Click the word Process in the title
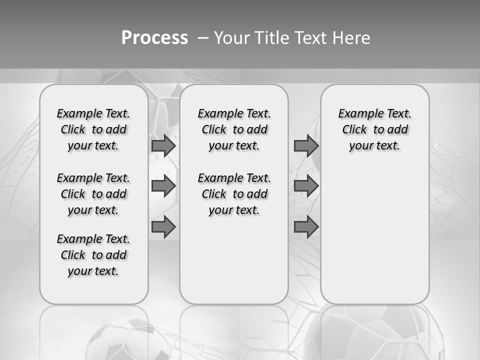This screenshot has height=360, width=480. [154, 38]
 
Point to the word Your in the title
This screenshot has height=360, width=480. [232, 38]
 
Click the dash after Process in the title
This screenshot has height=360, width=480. [202, 38]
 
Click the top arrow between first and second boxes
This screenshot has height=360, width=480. [163, 145]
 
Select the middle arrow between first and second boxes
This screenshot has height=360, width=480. [163, 186]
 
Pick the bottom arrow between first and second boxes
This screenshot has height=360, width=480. [163, 227]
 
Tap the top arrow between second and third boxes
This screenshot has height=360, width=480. [306, 145]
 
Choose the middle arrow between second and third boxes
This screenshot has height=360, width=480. [306, 186]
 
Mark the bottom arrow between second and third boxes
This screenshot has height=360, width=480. [306, 227]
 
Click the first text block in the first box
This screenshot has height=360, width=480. [93, 129]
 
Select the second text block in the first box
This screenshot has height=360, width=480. [93, 194]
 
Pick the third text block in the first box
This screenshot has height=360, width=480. [93, 255]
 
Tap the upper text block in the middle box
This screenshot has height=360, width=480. [234, 129]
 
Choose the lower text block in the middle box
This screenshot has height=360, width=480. [234, 194]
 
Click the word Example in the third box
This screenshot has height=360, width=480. [356, 113]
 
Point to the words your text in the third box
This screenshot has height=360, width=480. [374, 146]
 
